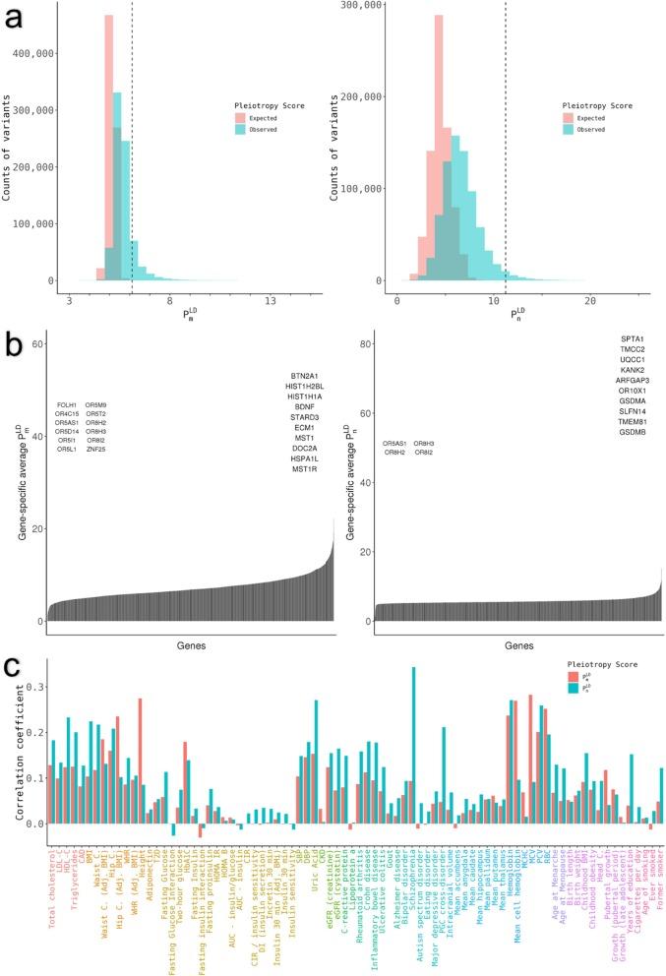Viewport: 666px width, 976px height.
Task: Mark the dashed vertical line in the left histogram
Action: pos(132,148)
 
